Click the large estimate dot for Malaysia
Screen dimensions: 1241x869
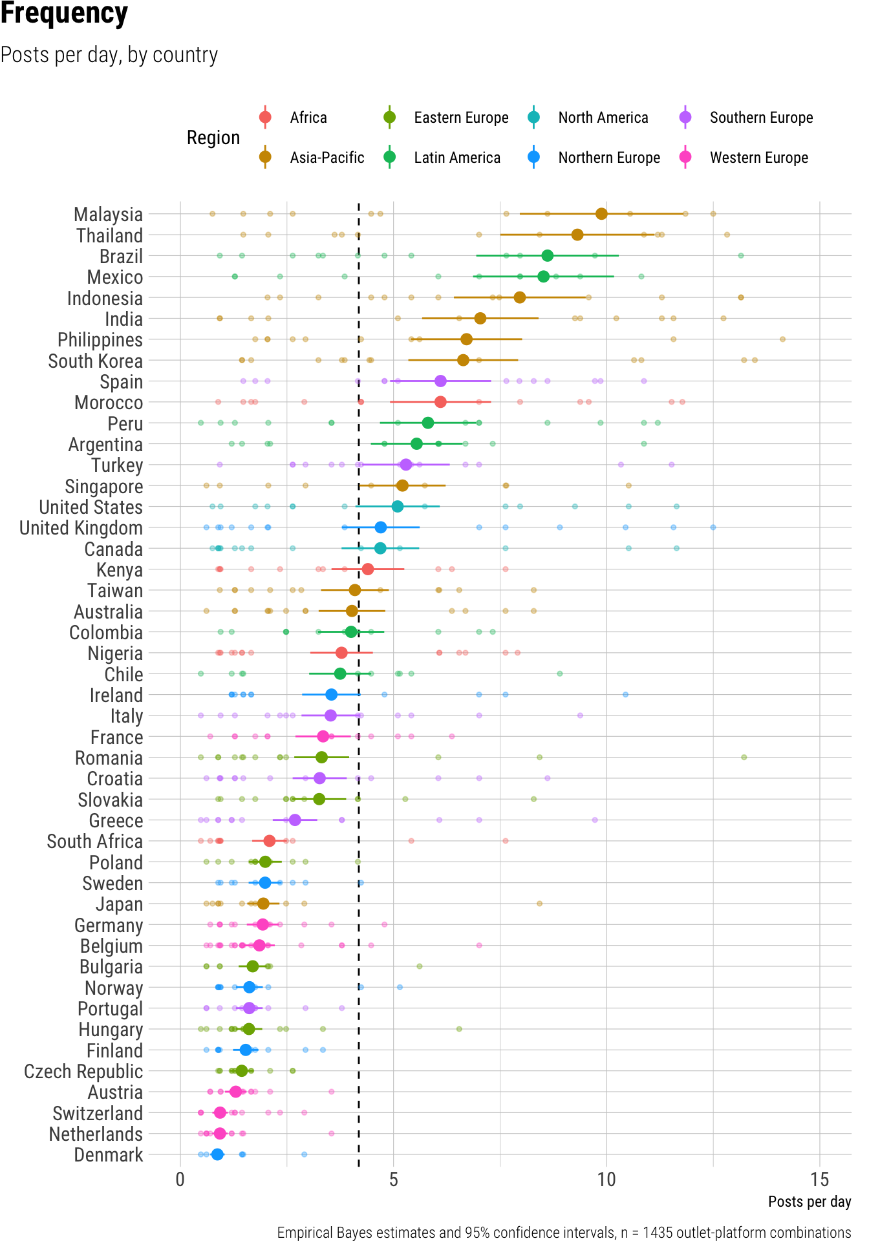tap(601, 214)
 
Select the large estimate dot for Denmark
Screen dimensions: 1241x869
tap(217, 1154)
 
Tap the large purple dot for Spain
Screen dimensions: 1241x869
tap(440, 381)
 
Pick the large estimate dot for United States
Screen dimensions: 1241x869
tap(398, 507)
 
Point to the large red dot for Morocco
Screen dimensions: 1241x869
tap(440, 402)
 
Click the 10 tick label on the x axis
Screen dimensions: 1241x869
tap(606, 1180)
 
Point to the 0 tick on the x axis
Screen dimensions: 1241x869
tap(180, 1180)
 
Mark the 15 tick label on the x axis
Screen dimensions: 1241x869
tap(819, 1180)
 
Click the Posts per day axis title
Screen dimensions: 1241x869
tap(810, 1202)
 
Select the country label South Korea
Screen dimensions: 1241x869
tap(95, 361)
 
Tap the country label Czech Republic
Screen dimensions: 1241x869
tap(83, 1071)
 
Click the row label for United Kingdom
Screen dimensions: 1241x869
tap(81, 528)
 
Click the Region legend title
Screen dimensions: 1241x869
tap(213, 138)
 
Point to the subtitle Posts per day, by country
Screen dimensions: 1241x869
tap(109, 55)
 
